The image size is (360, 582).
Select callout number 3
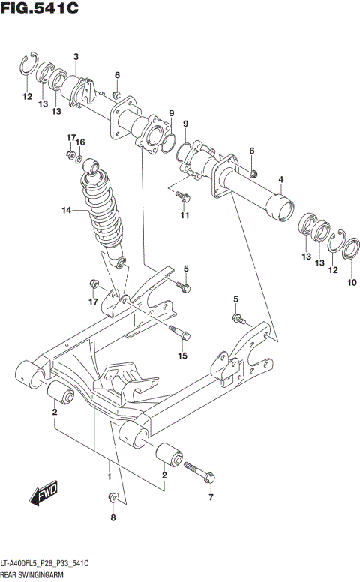coord(76,57)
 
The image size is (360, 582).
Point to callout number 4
coord(280,179)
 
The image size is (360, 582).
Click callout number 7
coord(211,497)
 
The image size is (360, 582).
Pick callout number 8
coord(113,517)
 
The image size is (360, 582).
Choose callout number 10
coord(352,283)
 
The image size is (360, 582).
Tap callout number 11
coord(182,216)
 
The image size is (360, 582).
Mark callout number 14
coord(66,211)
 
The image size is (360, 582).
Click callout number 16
coord(81,142)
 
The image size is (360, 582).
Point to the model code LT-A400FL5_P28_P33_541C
coord(48,562)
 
